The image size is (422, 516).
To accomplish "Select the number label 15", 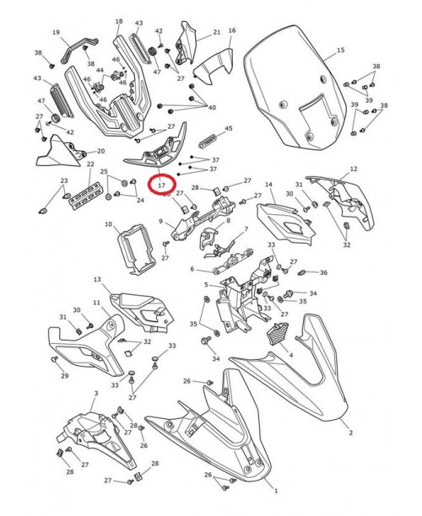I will coord(341,51).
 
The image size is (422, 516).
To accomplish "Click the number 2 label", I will coord(350,433).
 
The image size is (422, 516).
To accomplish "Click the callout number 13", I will coord(97,280).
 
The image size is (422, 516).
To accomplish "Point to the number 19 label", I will coord(57,33).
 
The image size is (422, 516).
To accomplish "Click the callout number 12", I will coord(354,169).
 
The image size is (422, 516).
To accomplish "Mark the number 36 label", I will coord(323,272).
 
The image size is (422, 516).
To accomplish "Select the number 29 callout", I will coord(65,376).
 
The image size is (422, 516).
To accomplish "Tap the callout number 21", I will coord(216,32).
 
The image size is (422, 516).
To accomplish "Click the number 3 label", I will coord(96,394).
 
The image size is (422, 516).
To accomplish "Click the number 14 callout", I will coord(269,185).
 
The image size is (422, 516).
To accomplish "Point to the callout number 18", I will coord(118,22).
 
